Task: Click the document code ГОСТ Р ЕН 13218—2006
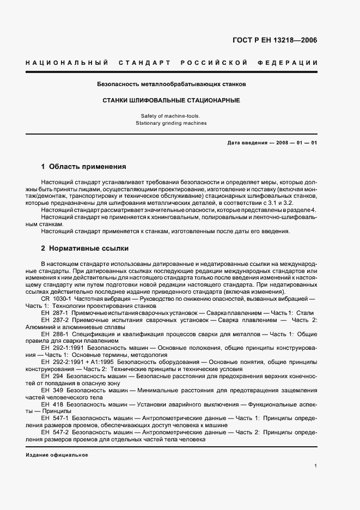pos(275,40)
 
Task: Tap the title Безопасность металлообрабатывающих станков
pos(172,85)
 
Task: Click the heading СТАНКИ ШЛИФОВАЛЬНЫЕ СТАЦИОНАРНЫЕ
pos(172,101)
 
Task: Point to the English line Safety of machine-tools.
pos(172,116)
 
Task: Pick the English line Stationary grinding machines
pos(172,123)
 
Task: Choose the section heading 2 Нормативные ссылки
pos(84,248)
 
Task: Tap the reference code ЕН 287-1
pos(54,313)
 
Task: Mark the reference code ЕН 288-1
pos(54,333)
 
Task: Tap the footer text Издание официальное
pos(56,454)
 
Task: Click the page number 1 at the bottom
pos(316,466)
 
